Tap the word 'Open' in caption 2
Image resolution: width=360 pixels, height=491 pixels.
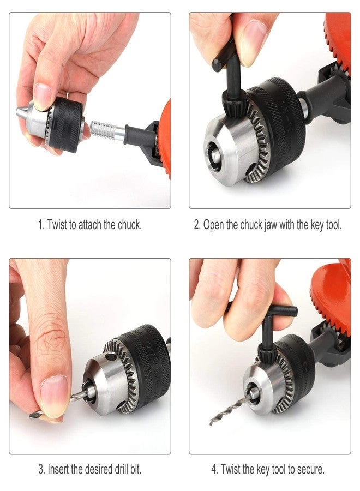pos(215,225)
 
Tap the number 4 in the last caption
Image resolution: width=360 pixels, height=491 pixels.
pos(214,469)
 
